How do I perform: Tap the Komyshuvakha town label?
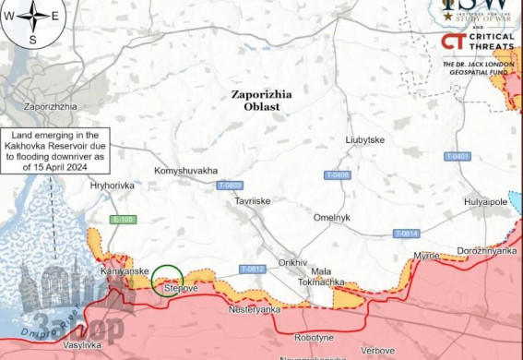tap(187, 171)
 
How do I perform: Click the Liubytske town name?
tap(365, 139)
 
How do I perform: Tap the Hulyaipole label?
tap(485, 200)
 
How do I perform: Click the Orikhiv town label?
tap(292, 262)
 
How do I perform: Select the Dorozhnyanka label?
tap(486, 250)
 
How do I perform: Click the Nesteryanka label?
tap(255, 310)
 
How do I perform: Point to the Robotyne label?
tap(314, 338)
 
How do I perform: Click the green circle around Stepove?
tap(167, 280)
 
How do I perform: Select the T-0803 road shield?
tap(231, 186)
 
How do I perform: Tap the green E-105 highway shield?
tap(122, 220)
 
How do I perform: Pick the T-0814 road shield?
tap(406, 234)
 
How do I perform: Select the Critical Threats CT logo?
tap(452, 41)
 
